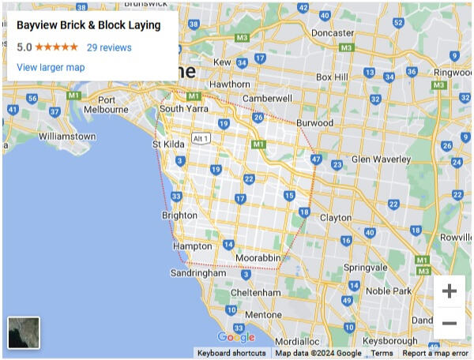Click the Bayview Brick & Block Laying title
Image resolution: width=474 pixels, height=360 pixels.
point(88,25)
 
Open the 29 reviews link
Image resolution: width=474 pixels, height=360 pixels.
point(109,47)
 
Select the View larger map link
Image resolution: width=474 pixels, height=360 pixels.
point(51,67)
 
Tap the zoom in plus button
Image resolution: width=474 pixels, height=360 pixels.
point(449,291)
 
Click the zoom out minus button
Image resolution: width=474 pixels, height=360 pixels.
point(449,324)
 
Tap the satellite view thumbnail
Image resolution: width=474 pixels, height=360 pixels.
point(24,332)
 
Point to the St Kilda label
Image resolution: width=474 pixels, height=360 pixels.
point(167,144)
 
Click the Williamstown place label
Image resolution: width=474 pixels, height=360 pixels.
point(66,137)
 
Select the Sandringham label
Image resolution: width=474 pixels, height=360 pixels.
point(197,273)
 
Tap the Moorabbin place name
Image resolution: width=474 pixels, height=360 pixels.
point(258,258)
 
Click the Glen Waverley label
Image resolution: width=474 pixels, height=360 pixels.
point(381,159)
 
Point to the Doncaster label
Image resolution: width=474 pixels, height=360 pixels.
point(333,33)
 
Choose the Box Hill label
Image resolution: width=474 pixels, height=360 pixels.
point(331,77)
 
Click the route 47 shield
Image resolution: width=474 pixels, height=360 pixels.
point(316,159)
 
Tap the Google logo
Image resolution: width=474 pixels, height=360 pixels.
point(235,337)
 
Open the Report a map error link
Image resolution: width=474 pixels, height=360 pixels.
point(434,354)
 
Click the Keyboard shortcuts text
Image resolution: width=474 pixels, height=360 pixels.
point(231,354)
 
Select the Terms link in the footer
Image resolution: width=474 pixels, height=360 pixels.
point(382,354)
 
